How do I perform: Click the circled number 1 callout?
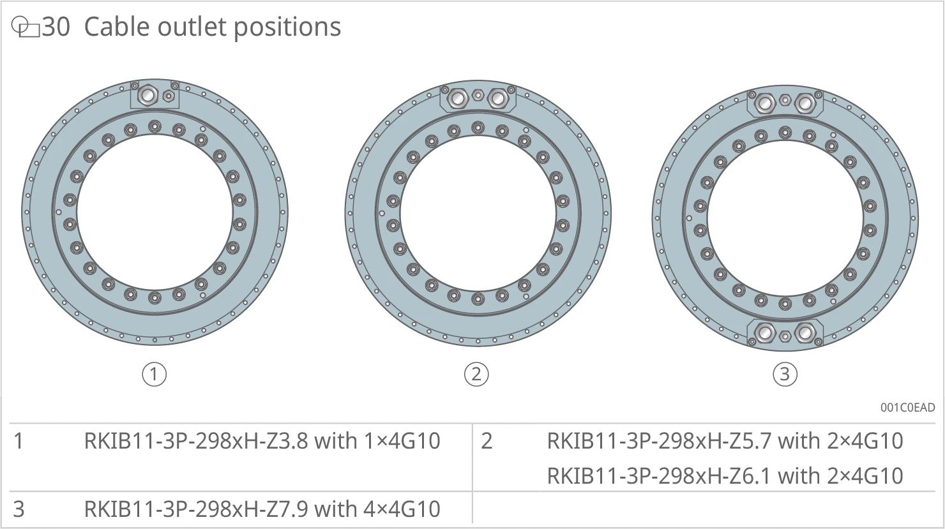click(x=155, y=375)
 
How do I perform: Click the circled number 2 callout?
click(x=476, y=375)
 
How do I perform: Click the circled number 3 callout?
click(x=785, y=375)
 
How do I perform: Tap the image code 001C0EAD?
click(x=907, y=408)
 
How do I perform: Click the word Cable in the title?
click(x=117, y=27)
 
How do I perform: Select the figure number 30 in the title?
click(x=56, y=27)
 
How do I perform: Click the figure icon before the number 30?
click(x=26, y=27)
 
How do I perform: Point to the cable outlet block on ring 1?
click(x=155, y=94)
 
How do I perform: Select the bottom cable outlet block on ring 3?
click(x=785, y=335)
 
